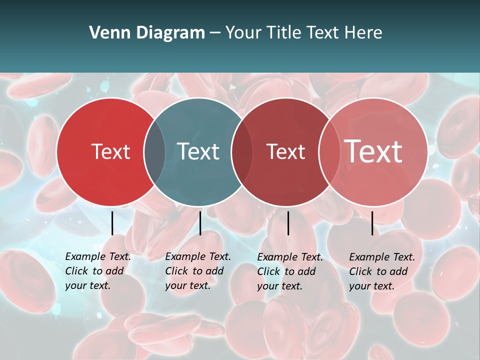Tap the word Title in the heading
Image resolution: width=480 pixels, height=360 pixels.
tap(283, 33)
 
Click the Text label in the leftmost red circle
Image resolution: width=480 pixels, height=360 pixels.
tap(110, 151)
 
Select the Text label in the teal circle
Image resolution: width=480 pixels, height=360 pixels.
tap(198, 151)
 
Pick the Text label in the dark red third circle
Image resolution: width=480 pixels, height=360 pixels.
tap(285, 151)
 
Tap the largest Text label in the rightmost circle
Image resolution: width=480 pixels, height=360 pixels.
tap(373, 151)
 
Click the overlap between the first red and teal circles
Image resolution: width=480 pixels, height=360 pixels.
tap(154, 151)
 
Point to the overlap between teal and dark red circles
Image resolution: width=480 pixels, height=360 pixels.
tap(241, 151)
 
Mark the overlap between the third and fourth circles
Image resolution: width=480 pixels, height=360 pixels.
tap(328, 151)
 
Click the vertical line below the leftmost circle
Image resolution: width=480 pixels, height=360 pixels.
tap(112, 223)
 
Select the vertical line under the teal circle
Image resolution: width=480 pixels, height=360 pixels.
tap(200, 223)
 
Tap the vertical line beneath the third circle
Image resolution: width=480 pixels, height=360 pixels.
tap(288, 223)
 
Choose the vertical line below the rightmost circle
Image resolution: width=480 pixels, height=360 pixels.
tap(372, 223)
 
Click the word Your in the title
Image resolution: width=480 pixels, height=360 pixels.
tap(243, 33)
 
